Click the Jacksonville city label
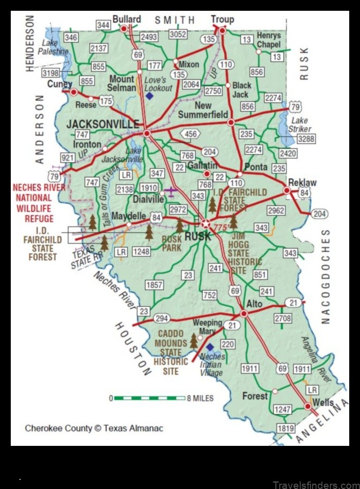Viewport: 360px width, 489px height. (102, 124)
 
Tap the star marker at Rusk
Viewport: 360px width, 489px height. (205, 223)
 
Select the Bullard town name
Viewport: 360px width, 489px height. (127, 19)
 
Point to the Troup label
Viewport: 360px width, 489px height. (222, 19)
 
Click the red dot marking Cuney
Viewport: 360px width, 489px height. (74, 92)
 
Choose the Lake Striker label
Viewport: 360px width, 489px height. (300, 125)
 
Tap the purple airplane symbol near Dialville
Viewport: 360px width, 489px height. (170, 191)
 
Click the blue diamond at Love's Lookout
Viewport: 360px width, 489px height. (149, 95)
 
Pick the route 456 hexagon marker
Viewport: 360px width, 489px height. (190, 134)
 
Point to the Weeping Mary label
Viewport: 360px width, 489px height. (207, 327)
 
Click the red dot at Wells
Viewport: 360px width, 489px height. (308, 406)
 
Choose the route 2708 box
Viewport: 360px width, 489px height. (282, 319)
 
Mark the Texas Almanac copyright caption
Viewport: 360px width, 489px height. (94, 429)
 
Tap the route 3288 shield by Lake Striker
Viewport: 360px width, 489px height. (306, 139)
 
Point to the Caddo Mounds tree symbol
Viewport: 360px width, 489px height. (193, 341)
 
